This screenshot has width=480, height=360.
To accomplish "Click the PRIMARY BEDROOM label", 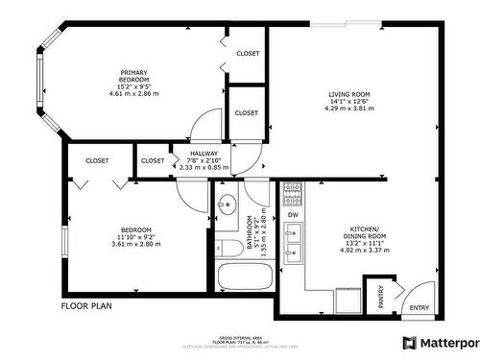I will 132,77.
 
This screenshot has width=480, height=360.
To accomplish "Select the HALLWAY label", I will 203,153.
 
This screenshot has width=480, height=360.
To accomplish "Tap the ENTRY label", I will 420,308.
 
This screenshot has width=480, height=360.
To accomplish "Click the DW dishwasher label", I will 293,214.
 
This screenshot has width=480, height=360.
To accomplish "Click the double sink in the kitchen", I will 294,243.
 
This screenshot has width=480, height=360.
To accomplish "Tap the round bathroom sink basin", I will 227,204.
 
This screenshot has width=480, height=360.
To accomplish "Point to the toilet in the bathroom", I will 228,248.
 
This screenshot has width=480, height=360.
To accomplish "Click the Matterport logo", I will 441,343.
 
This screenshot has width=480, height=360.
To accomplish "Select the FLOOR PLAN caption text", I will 87,307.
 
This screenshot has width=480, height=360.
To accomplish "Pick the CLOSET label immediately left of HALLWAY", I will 153,160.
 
